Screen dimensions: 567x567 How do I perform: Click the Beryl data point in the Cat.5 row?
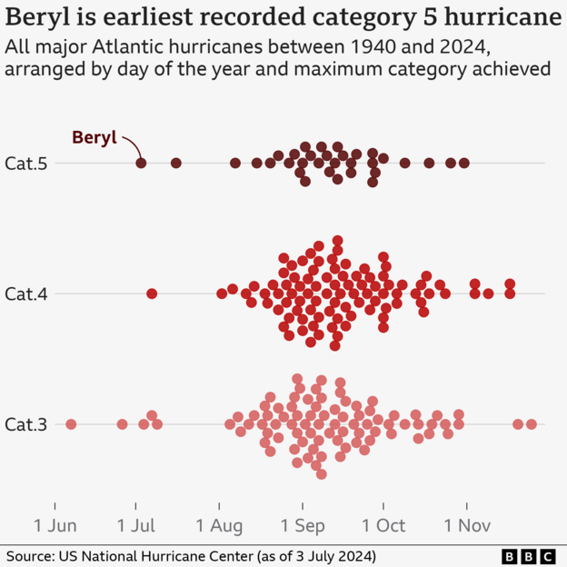click(141, 163)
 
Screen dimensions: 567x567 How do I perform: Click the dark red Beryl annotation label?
click(94, 138)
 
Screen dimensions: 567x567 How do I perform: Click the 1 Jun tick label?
click(55, 525)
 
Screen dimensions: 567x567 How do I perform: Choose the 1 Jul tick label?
click(136, 525)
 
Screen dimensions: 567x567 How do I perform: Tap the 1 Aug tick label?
click(220, 525)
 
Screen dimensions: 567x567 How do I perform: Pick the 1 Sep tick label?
click(303, 525)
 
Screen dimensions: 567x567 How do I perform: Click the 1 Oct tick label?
click(383, 525)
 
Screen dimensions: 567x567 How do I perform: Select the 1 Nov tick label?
click(467, 525)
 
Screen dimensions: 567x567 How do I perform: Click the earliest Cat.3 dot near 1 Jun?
click(71, 424)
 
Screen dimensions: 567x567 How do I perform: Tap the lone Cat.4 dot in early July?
click(152, 293)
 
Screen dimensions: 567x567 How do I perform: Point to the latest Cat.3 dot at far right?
click(532, 424)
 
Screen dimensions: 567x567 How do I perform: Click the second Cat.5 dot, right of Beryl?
click(176, 163)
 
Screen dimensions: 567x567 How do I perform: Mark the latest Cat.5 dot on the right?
click(464, 163)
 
